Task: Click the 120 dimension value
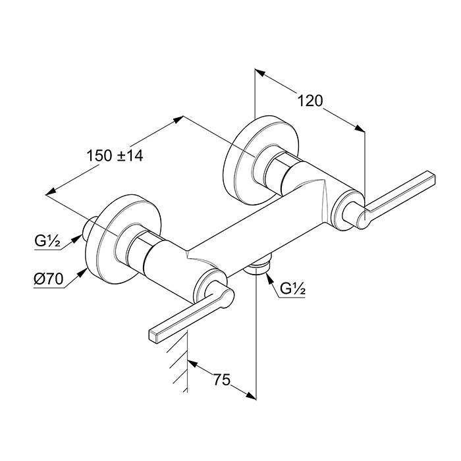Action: (x=310, y=101)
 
